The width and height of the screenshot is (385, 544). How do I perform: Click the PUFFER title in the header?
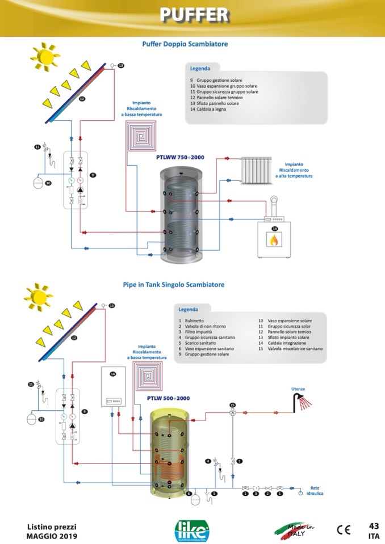[193, 15]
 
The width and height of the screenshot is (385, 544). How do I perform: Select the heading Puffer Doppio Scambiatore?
[185, 44]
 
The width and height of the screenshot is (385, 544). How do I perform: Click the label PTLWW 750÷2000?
[179, 157]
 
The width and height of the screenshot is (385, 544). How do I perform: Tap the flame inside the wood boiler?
[274, 241]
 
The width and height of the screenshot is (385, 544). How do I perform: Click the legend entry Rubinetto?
[192, 321]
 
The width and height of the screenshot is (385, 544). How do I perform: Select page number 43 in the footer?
[374, 525]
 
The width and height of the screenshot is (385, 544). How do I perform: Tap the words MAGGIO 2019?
[52, 536]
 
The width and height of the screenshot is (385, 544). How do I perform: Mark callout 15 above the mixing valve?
[232, 405]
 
